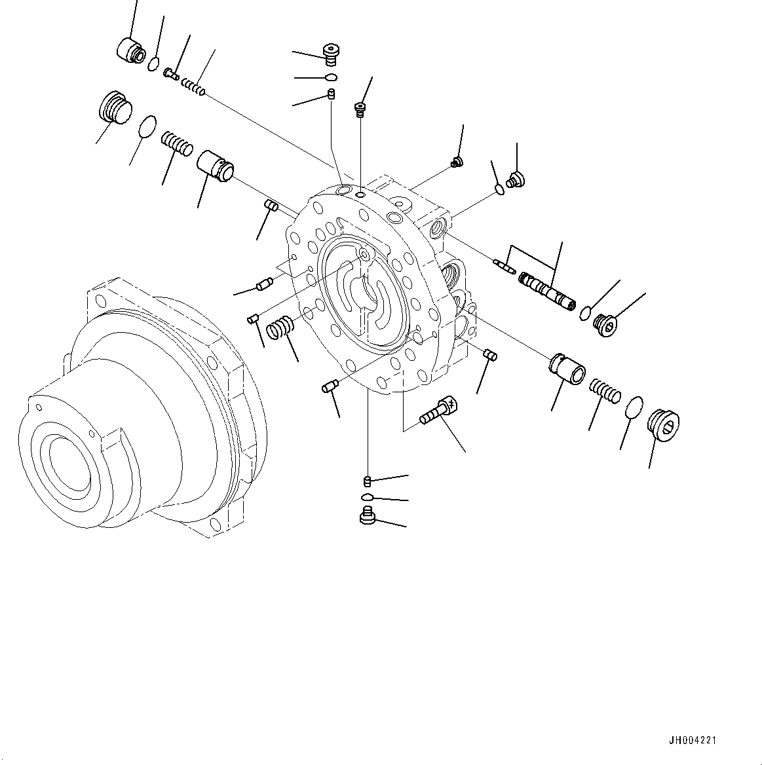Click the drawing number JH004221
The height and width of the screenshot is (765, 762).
coord(693,741)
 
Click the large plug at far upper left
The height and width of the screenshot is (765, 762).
coord(115,106)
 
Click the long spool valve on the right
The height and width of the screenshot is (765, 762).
coord(547,291)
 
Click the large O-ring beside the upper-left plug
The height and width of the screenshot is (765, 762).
coord(149,126)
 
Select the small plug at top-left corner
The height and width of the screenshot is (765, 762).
coord(130,50)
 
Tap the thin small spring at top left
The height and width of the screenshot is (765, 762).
coord(193,86)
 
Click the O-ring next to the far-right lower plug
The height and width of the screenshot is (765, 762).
coord(632,407)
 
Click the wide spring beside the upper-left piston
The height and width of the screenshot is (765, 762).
coord(177,143)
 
